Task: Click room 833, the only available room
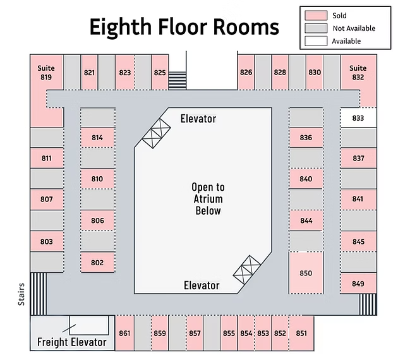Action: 358,118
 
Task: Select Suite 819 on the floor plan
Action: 46,78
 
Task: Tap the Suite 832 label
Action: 358,73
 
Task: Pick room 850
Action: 306,273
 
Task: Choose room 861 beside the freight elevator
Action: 124,333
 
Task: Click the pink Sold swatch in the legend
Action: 316,15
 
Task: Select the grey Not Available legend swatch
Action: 316,28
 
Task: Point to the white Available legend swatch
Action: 316,41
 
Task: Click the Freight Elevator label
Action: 72,342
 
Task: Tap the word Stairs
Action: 21,294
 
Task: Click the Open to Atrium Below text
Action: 208,199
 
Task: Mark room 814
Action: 97,138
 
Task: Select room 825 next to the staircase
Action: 160,73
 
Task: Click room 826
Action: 246,72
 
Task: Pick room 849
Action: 358,284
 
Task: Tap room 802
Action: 97,263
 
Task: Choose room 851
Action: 301,333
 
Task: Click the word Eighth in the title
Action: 121,27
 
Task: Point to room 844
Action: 306,220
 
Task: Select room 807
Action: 47,199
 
